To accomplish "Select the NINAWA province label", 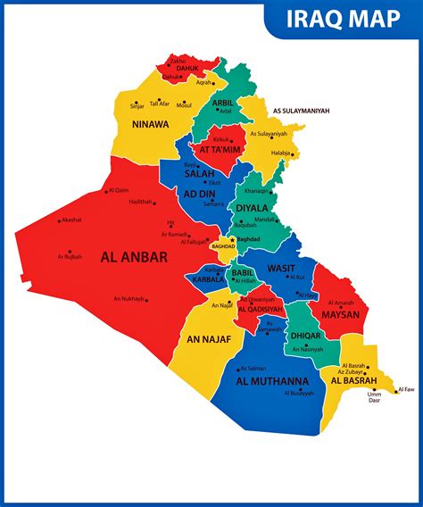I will [x=149, y=124].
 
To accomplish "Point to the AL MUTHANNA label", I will [x=273, y=381].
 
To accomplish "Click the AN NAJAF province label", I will [x=209, y=339].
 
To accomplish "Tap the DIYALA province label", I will [x=251, y=209].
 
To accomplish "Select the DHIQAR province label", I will [x=305, y=336].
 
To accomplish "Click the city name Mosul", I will [x=184, y=105].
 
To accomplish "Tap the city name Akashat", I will [x=70, y=220].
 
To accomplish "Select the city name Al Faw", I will [x=406, y=389].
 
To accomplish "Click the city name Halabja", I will [x=281, y=153].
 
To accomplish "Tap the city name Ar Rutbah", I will [x=70, y=257].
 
